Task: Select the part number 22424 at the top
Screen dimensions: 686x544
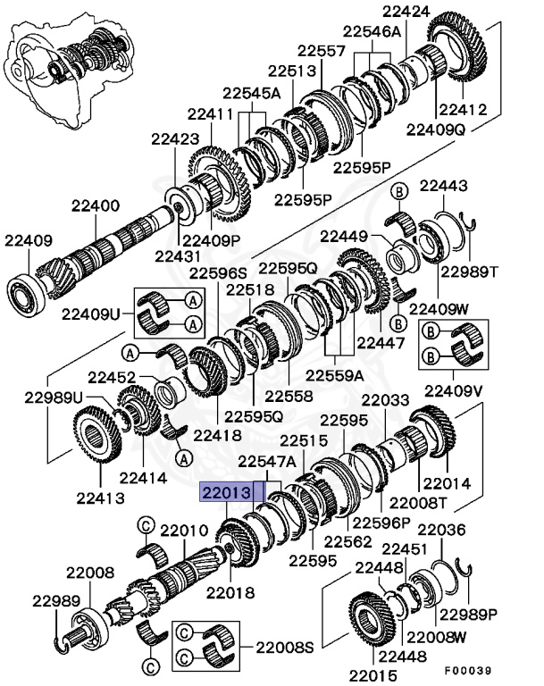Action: pos(406,12)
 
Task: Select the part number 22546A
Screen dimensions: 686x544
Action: pos(373,31)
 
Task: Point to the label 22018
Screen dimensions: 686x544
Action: pos(231,590)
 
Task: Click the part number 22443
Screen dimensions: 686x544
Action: pos(444,186)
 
